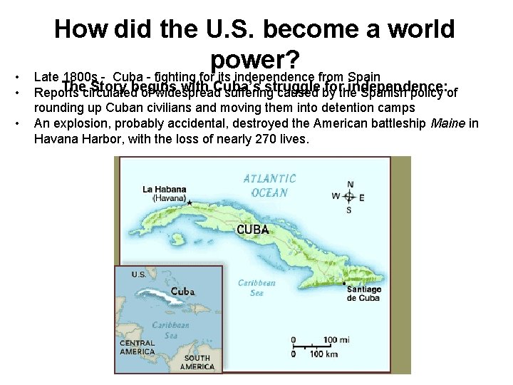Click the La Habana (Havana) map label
click(165, 193)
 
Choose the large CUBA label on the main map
click(253, 230)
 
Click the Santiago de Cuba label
click(363, 294)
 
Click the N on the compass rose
click(349, 184)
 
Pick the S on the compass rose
click(348, 210)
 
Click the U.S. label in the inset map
click(138, 274)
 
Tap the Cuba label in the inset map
click(182, 292)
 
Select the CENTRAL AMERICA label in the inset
click(137, 347)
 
